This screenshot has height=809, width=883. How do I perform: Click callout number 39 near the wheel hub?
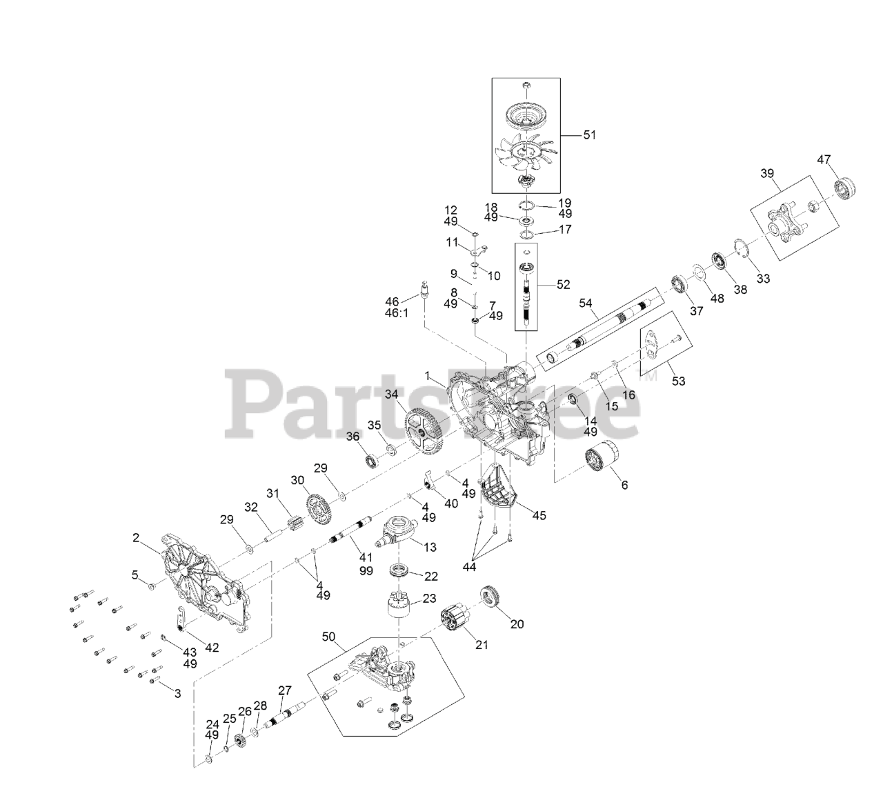768,174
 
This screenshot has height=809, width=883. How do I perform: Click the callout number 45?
539,515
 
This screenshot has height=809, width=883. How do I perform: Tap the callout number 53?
679,380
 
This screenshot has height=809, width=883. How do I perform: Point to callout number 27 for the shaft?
286,690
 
